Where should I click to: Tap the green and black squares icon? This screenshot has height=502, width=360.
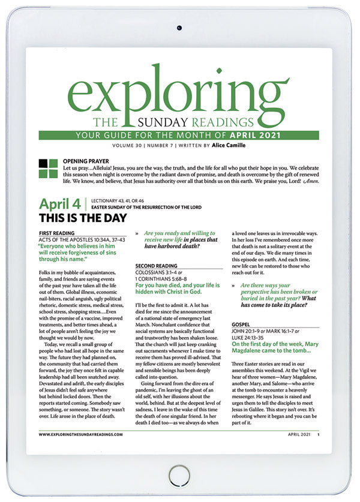(48, 169)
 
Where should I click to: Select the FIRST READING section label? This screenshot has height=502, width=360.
(56, 233)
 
